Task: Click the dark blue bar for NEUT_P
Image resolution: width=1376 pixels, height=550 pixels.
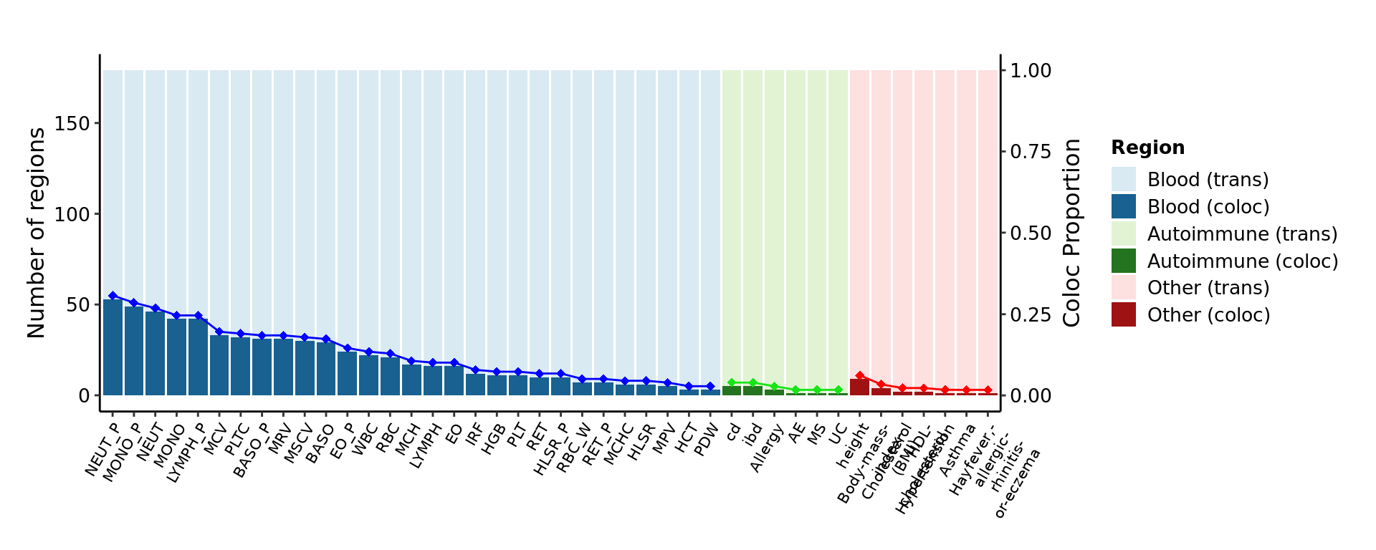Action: (113, 347)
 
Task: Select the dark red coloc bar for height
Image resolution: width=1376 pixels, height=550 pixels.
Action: (859, 387)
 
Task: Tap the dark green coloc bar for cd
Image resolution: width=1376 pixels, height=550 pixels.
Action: (732, 391)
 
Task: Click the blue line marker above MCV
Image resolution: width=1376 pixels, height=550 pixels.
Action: (219, 332)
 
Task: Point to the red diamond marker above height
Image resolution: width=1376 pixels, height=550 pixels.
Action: (860, 376)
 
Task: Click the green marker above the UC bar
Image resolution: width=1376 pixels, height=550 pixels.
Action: (838, 390)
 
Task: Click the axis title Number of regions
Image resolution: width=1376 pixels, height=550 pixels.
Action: (36, 233)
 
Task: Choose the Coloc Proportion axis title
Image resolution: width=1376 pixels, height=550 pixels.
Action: (1071, 233)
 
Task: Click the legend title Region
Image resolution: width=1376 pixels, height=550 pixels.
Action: (1147, 148)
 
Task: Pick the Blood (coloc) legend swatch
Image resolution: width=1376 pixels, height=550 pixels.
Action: (1123, 207)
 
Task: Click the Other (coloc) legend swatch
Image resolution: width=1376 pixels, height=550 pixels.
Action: (1123, 315)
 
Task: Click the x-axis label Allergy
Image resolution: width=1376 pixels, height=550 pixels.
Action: (766, 448)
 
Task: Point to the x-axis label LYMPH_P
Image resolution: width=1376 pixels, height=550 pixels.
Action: (186, 453)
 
